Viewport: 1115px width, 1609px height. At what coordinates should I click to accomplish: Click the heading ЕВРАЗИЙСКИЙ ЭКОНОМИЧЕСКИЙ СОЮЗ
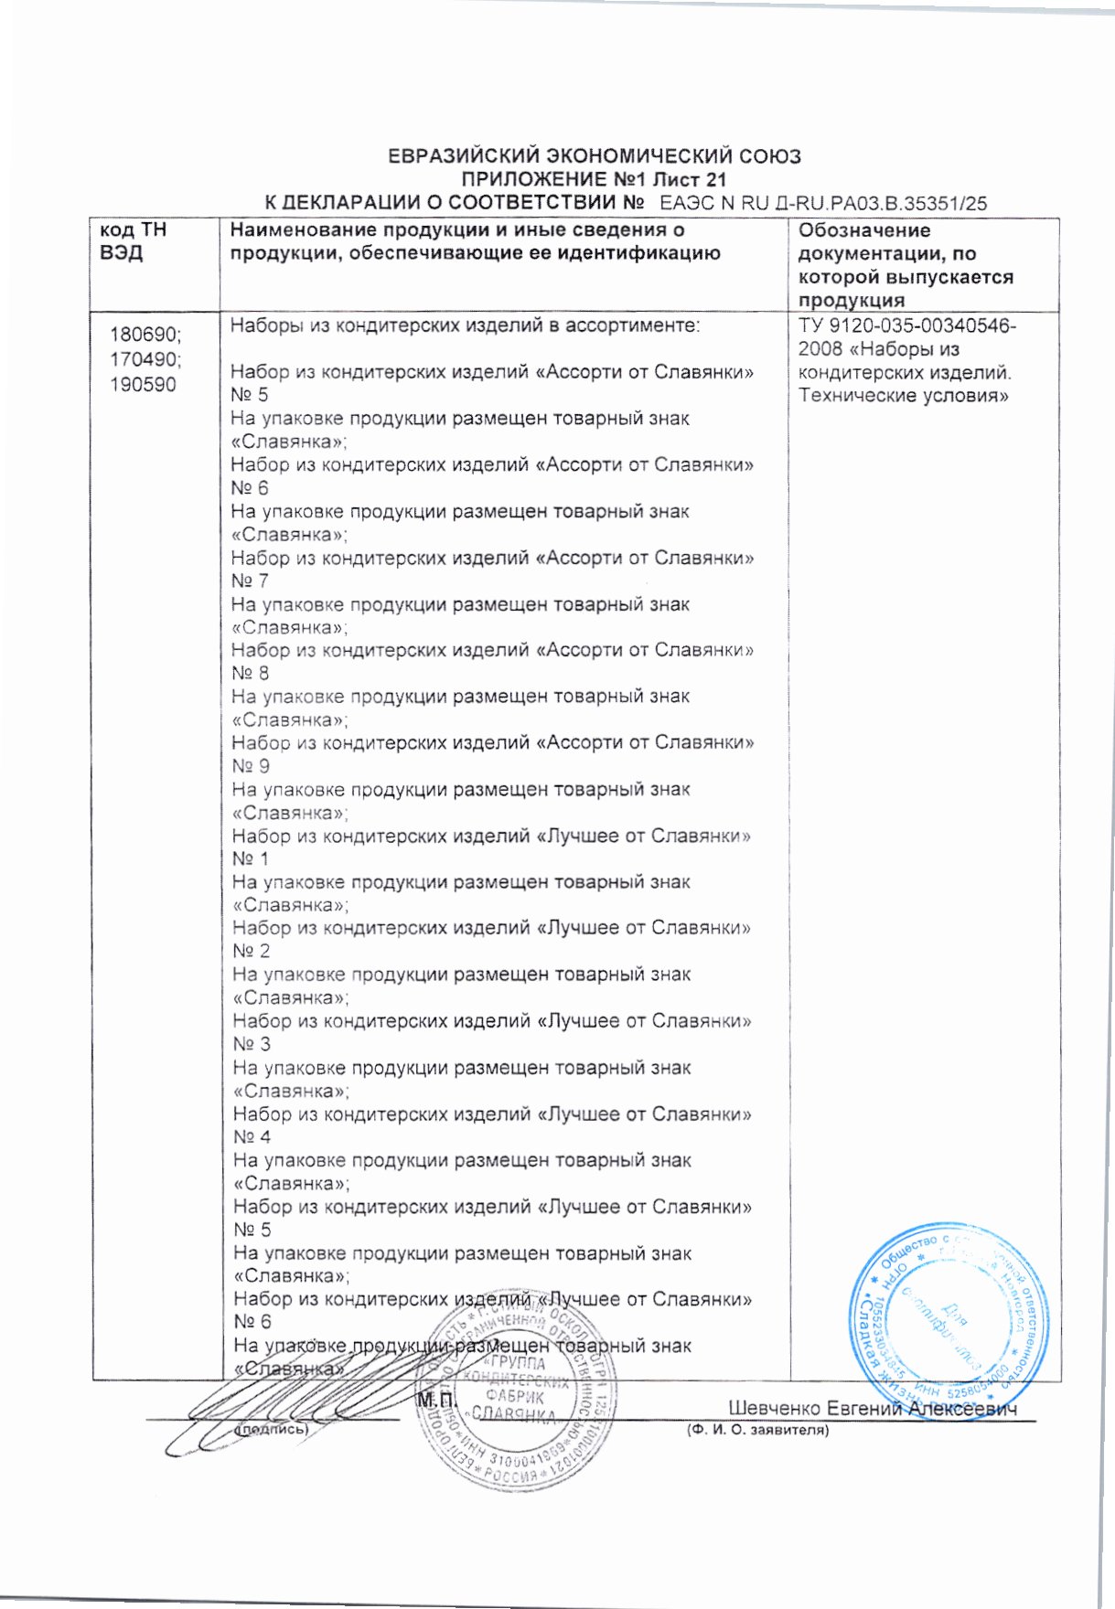click(595, 156)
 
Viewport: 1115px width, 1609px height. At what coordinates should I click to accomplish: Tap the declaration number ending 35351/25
click(823, 203)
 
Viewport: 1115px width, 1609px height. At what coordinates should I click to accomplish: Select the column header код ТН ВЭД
click(134, 241)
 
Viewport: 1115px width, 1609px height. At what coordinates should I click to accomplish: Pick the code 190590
click(144, 385)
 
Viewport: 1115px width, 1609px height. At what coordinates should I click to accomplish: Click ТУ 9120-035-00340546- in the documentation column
click(906, 326)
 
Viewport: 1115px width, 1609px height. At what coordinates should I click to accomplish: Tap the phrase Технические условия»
click(903, 396)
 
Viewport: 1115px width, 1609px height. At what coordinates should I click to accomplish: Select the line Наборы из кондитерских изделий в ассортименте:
click(465, 325)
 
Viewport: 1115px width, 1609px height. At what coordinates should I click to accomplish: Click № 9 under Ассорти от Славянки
click(251, 766)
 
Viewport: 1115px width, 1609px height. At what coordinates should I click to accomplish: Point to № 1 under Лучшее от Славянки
click(251, 858)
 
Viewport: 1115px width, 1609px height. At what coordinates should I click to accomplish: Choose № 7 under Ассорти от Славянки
click(251, 581)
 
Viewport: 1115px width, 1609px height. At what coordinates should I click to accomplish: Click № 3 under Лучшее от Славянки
click(252, 1044)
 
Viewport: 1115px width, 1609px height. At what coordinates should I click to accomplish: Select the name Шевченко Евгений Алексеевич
click(873, 1409)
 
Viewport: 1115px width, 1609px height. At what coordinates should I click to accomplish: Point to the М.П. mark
click(436, 1400)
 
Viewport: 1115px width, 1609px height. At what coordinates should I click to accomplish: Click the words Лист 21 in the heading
click(693, 179)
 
